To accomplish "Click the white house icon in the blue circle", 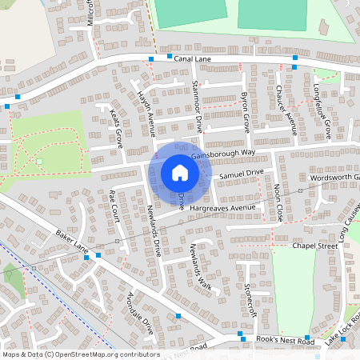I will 179,172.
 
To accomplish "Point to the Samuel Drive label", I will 241,173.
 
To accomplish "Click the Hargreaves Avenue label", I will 222,208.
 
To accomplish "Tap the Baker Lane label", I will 71,241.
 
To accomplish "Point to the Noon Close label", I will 278,202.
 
